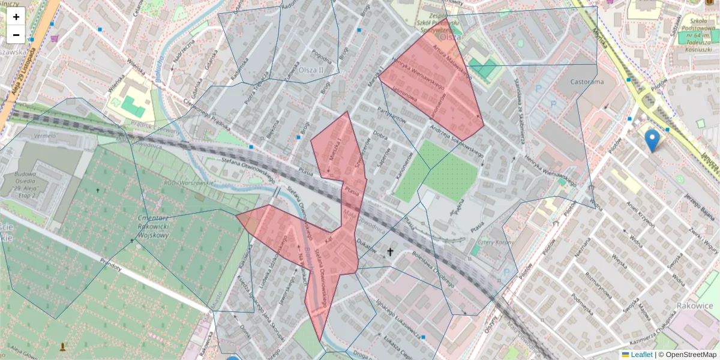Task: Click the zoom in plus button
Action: pyautogui.click(x=16, y=17)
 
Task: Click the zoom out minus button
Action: pyautogui.click(x=16, y=35)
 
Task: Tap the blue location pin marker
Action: pyautogui.click(x=652, y=140)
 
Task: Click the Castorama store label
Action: pyautogui.click(x=587, y=82)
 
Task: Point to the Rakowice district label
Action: pyautogui.click(x=694, y=305)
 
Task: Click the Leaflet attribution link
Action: pyautogui.click(x=641, y=355)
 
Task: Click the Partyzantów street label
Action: pyautogui.click(x=392, y=115)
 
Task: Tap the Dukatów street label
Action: pyautogui.click(x=366, y=243)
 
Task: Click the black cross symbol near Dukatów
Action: pyautogui.click(x=391, y=252)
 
